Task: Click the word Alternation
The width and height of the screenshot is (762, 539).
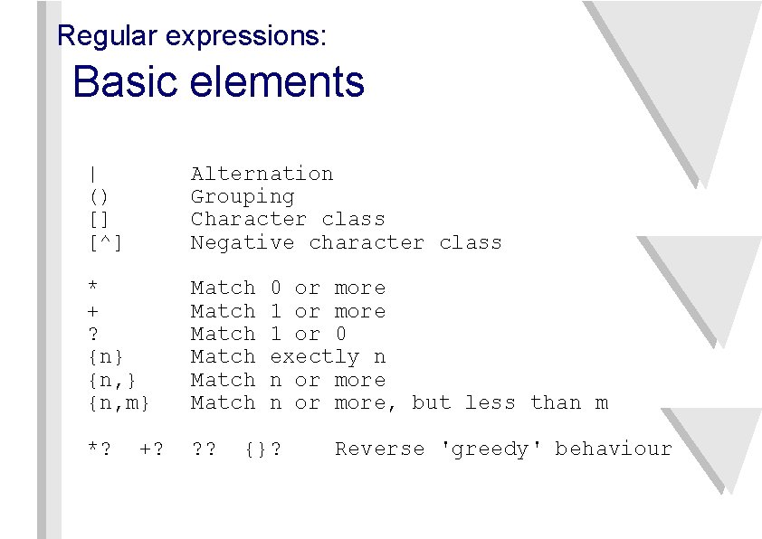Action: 262,174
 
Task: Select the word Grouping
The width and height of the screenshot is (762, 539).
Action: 242,196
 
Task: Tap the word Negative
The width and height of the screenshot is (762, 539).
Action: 242,242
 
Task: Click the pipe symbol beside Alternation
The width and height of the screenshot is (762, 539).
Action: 94,174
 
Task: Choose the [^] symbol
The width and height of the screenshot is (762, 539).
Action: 106,242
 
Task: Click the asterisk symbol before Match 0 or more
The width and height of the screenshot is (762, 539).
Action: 93,288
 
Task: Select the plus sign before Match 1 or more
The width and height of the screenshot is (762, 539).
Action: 93,311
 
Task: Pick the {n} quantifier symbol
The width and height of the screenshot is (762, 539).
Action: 106,357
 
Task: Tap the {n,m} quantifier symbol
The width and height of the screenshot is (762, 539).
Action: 119,402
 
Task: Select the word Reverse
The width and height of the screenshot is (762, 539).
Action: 379,449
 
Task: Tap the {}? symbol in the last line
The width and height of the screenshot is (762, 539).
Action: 262,449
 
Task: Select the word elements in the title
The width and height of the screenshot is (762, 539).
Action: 277,82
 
